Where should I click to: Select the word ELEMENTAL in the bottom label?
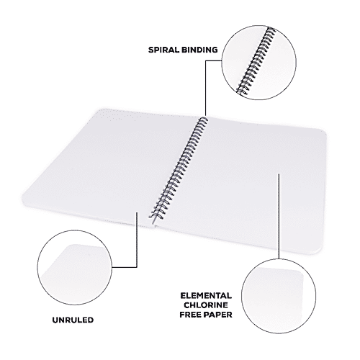tap(205, 295)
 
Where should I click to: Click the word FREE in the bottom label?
tap(191, 315)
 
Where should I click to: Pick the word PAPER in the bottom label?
tap(219, 315)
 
